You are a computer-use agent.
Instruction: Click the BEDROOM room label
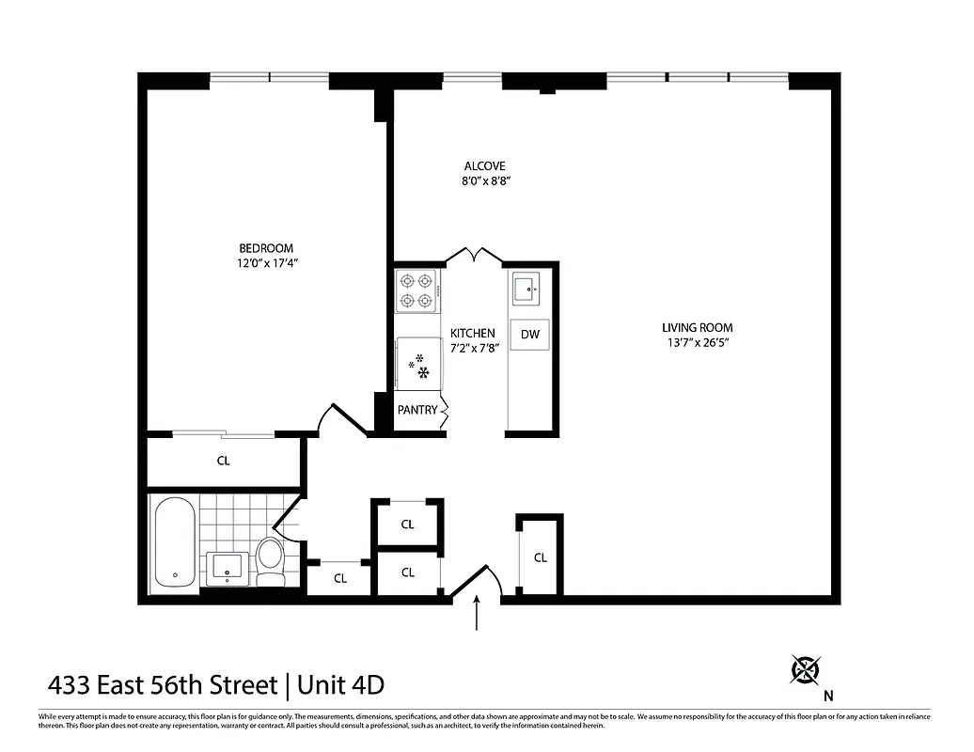pos(266,248)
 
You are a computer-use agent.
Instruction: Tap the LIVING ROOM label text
pos(696,328)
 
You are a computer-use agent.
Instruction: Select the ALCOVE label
pos(483,165)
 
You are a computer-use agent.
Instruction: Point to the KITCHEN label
pos(472,334)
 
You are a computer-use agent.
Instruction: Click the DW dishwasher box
pos(529,334)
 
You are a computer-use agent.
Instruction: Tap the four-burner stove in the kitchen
pos(416,290)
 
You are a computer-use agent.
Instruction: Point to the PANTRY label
pos(417,410)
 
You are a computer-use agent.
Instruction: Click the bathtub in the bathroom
pos(174,544)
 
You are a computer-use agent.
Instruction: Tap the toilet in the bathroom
pos(271,561)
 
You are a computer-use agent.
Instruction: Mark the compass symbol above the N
pos(806,669)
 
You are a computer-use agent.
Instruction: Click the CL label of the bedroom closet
pos(224,462)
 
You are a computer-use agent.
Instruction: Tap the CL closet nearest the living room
pos(541,557)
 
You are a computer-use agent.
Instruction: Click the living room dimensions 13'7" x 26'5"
pos(696,343)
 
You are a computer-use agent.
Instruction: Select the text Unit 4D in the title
pos(340,684)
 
